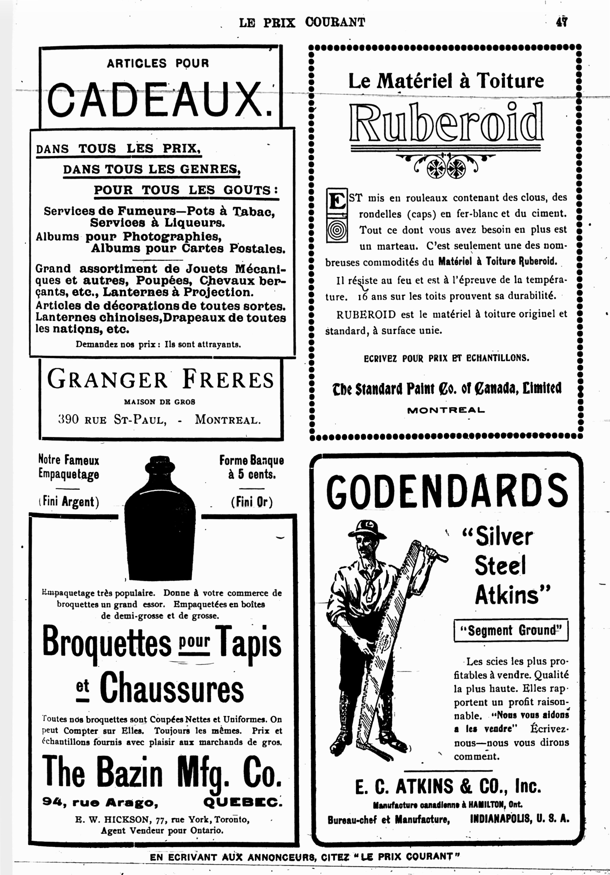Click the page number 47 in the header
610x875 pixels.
point(562,22)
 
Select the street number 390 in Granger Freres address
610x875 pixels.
point(69,420)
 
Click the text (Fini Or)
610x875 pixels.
point(252,502)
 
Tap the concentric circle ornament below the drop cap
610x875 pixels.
point(337,231)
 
